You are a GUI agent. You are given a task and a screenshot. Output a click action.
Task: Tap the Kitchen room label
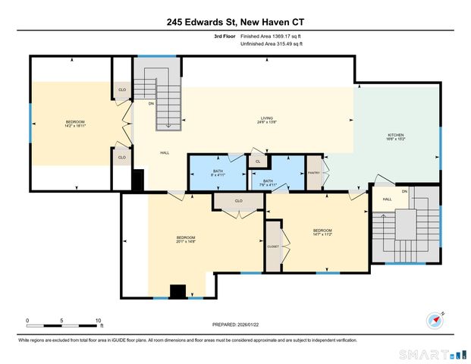(397, 137)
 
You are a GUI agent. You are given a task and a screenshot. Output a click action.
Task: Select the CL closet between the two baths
(258, 162)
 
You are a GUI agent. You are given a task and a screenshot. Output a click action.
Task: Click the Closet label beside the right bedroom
(273, 246)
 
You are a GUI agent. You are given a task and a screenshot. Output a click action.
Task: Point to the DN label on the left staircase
(151, 104)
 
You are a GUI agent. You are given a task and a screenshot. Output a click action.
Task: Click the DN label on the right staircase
(404, 192)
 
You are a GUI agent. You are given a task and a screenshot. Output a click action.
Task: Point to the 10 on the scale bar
(98, 321)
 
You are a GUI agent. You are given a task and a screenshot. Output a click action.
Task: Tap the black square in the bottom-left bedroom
(177, 291)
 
